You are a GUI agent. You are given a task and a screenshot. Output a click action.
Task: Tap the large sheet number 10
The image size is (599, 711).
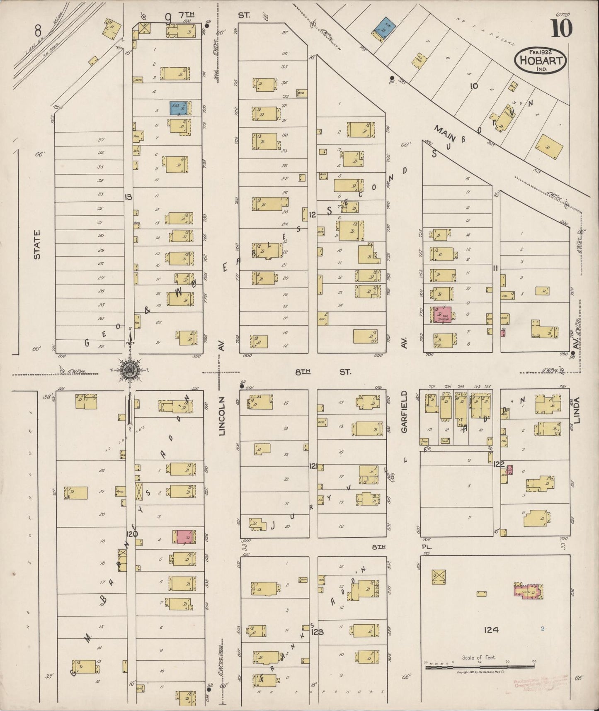pyautogui.click(x=561, y=28)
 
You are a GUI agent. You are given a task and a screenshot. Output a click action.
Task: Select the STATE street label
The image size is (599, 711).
pyautogui.click(x=37, y=245)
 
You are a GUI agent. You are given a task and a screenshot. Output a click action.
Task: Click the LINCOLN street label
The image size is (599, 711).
pyautogui.click(x=222, y=416)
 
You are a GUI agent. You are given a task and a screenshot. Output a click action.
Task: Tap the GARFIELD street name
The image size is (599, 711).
pyautogui.click(x=404, y=412)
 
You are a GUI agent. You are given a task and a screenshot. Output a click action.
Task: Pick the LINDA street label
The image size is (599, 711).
pyautogui.click(x=577, y=410)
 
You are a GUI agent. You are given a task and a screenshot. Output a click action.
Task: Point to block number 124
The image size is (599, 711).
pyautogui.click(x=491, y=630)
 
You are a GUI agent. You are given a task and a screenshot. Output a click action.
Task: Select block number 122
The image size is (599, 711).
pyautogui.click(x=499, y=464)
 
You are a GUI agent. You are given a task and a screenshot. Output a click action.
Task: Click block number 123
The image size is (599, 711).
pyautogui.click(x=317, y=632)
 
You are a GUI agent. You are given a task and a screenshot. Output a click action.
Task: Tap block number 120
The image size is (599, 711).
pyautogui.click(x=133, y=533)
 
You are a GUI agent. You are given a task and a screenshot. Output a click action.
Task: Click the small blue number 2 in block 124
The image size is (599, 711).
pyautogui.click(x=542, y=628)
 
